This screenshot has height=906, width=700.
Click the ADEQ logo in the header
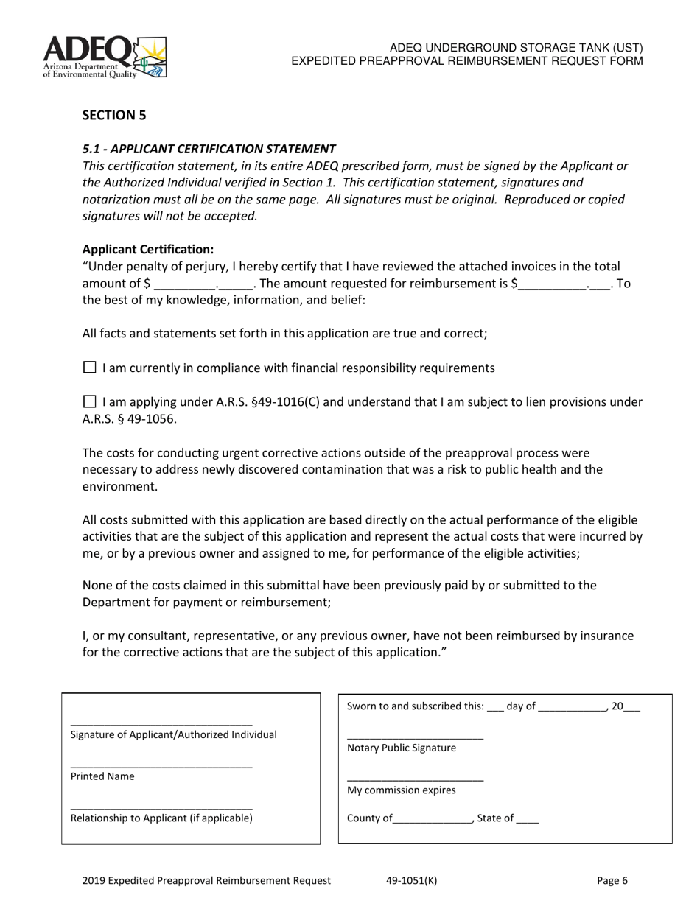point(105,57)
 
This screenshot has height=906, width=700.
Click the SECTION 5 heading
point(114,115)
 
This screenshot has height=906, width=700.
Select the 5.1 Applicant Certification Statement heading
point(209,148)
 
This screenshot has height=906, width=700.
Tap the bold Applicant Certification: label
point(148,249)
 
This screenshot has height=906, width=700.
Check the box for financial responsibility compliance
point(89,367)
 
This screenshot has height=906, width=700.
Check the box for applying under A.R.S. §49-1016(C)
point(89,401)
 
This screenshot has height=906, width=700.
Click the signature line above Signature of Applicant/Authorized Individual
point(161,724)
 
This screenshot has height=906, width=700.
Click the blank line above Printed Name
point(161,767)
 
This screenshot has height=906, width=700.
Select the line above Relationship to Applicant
point(161,808)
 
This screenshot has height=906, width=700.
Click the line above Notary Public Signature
point(415,737)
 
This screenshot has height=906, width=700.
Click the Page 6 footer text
point(612,880)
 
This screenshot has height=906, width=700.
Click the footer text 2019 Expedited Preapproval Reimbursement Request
point(206,880)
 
